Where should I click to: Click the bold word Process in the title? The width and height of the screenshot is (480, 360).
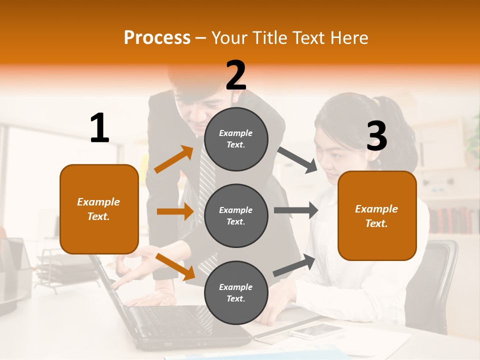pos(157,38)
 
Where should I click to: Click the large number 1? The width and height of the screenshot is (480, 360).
pos(99,128)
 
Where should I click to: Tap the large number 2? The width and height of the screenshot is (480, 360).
pos(236,75)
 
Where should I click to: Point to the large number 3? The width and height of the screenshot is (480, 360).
pos(376,136)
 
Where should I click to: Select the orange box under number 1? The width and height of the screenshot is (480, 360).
pos(99,209)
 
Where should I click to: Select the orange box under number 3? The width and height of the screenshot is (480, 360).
pos(377,216)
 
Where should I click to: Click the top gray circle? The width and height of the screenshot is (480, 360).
pos(236,139)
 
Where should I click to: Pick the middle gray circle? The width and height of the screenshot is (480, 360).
pos(236,215)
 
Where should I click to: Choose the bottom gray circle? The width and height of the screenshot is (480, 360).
pos(236,292)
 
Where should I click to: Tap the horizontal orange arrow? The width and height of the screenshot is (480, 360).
pos(175,211)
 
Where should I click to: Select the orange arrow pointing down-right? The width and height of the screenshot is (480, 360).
pos(175,266)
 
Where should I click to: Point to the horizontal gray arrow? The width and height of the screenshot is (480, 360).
pos(296,210)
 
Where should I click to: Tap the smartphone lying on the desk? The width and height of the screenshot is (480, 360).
pos(316,330)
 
